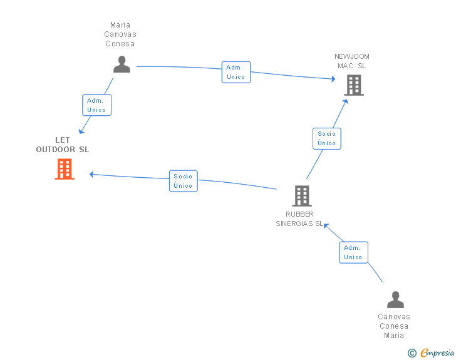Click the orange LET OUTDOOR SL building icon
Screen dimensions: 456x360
[65, 169]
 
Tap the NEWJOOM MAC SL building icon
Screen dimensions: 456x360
[354, 85]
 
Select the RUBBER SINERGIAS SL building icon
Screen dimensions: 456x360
[302, 196]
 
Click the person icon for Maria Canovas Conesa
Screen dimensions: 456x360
[122, 64]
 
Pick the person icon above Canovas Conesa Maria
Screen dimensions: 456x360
[395, 299]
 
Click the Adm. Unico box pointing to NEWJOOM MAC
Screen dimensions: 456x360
[236, 72]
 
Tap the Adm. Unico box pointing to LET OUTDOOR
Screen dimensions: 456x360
[97, 105]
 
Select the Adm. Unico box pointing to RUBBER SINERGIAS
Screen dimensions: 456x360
[354, 252]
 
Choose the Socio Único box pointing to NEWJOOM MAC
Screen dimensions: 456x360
[327, 139]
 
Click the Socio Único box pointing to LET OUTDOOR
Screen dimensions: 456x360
[184, 181]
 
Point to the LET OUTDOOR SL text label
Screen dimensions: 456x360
[63, 145]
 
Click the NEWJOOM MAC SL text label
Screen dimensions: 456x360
[352, 61]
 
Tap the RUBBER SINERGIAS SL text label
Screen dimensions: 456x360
[299, 219]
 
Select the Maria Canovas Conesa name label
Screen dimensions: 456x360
[120, 34]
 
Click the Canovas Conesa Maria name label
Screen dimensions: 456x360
[394, 326]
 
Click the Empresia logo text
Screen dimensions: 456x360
[437, 352]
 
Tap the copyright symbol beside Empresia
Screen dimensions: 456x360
[412, 353]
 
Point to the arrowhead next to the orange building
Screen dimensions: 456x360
[91, 174]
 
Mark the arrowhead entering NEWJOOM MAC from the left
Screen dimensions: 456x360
[333, 78]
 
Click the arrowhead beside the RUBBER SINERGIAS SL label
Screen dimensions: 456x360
[326, 226]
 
